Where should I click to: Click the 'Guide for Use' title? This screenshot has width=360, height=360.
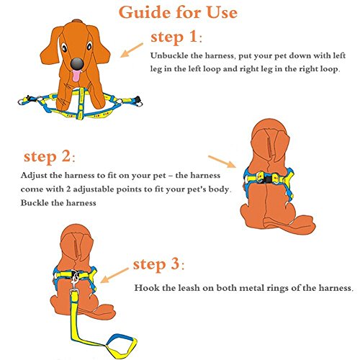pos(178,12)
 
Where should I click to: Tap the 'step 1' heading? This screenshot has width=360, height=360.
pos(176,37)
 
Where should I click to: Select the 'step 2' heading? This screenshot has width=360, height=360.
pos(49,157)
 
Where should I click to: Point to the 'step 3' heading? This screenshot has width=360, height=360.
pos(158,264)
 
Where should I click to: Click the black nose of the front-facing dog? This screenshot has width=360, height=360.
pos(77,63)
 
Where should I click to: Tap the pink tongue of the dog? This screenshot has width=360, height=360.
pos(76,76)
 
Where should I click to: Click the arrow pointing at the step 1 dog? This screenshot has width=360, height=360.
pos(131,50)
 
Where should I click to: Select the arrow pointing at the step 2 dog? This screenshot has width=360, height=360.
pos(222,162)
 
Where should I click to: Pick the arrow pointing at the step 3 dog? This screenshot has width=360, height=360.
pos(114,275)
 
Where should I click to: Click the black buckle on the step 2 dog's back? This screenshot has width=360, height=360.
pos(268,179)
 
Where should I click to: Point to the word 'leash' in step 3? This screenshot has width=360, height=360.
pos(189,287)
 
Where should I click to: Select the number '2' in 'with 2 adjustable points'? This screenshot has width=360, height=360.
pos(68,189)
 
